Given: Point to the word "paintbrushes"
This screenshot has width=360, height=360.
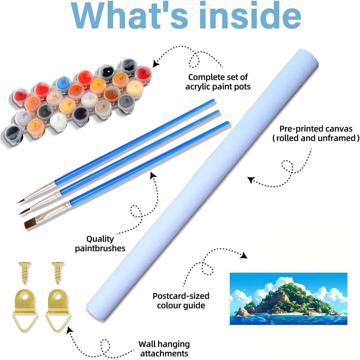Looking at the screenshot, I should click(x=100, y=248).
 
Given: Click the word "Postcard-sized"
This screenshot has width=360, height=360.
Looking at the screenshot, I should click(x=181, y=296).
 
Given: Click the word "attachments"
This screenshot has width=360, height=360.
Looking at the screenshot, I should click(x=164, y=353).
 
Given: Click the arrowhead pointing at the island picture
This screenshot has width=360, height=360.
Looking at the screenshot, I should click(x=244, y=256).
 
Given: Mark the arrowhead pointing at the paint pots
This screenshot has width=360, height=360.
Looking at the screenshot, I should click(x=155, y=64).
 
